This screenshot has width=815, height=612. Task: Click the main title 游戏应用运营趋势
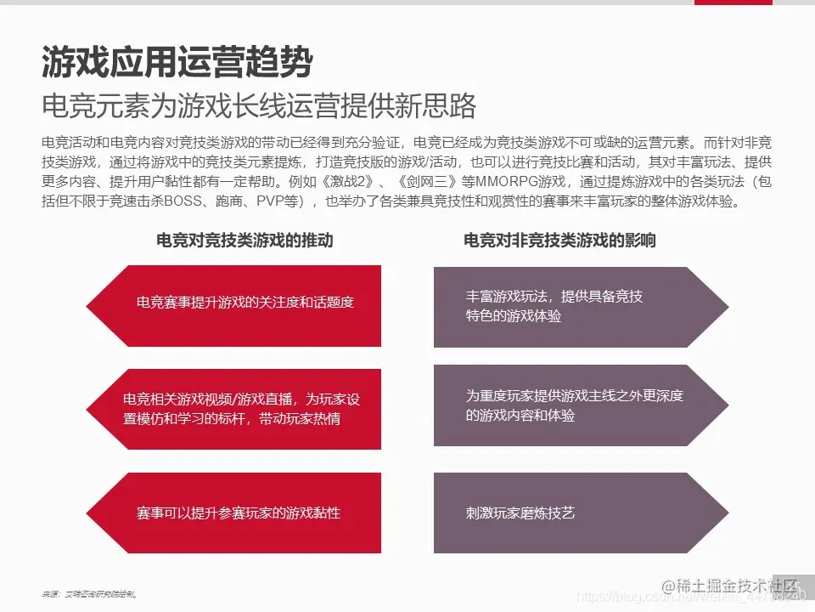click(x=177, y=62)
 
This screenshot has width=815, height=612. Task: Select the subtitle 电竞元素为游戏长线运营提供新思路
click(x=259, y=105)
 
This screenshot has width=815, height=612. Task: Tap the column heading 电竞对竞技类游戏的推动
click(x=244, y=241)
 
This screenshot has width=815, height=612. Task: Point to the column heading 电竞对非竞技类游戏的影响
click(x=559, y=241)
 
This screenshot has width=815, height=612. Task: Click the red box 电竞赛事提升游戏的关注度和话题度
click(x=244, y=302)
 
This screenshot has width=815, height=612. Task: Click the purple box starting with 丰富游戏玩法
click(x=577, y=306)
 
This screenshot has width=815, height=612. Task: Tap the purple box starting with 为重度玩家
click(x=577, y=405)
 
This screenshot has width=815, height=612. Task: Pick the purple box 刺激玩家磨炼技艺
click(x=577, y=513)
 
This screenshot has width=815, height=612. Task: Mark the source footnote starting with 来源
click(x=89, y=593)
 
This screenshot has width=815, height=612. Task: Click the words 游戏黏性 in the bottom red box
click(x=313, y=513)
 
